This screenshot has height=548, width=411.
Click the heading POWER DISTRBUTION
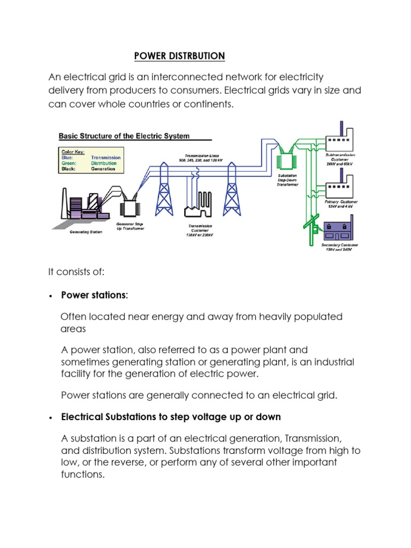(179, 56)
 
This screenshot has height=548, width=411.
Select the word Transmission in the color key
(105, 158)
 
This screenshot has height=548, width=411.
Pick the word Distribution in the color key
(105, 163)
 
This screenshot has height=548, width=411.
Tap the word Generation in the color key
(103, 169)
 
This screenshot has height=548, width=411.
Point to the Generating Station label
(86, 232)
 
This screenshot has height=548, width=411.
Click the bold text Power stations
(94, 295)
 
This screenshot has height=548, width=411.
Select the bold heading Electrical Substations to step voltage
(171, 416)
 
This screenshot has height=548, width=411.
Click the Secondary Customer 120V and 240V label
(339, 248)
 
